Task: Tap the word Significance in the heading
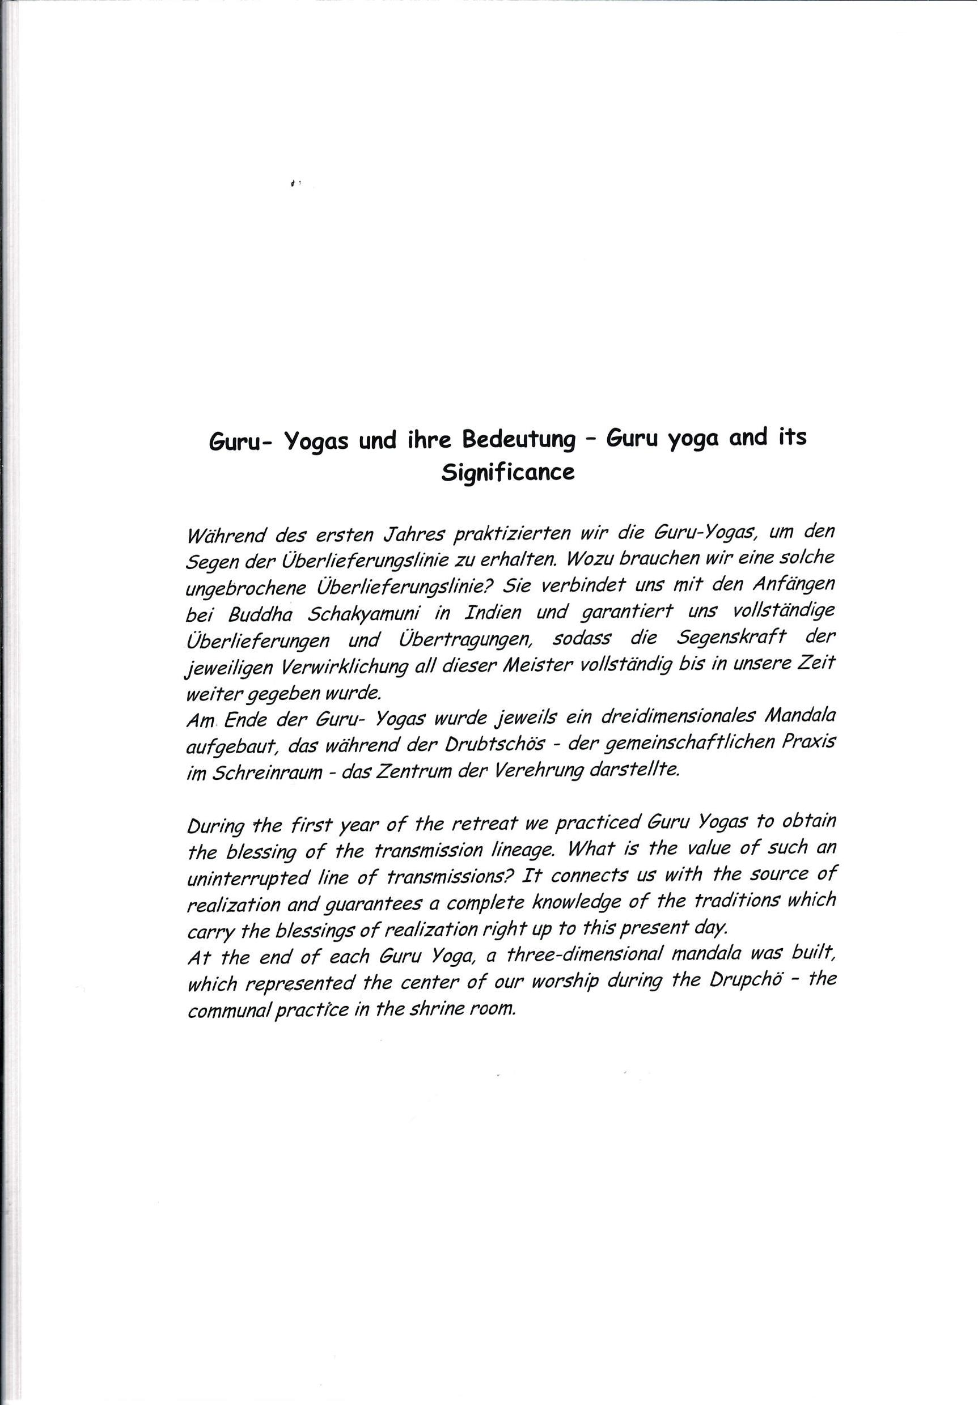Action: click(508, 473)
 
